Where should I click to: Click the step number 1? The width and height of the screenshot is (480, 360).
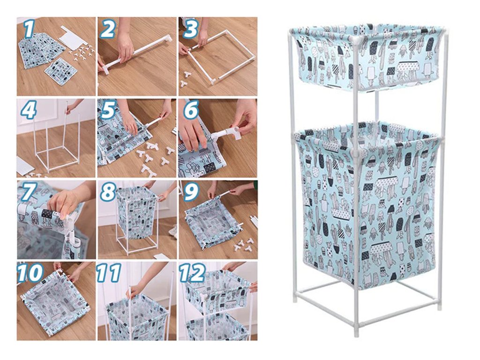click(x=29, y=30)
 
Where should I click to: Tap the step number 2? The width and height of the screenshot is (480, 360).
click(x=107, y=30)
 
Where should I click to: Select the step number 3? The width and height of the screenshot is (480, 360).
click(x=190, y=30)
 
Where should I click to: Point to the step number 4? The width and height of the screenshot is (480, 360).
click(x=29, y=111)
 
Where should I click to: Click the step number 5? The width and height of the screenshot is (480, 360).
click(x=108, y=111)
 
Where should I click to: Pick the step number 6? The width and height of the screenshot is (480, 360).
click(x=190, y=111)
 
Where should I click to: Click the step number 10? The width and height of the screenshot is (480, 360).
click(x=30, y=273)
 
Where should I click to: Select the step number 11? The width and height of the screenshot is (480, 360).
click(x=109, y=273)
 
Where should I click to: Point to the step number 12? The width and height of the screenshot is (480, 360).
click(x=192, y=273)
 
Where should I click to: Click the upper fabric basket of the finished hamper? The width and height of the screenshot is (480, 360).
click(x=367, y=58)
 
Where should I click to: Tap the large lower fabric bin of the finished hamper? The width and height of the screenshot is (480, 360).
click(x=367, y=205)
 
